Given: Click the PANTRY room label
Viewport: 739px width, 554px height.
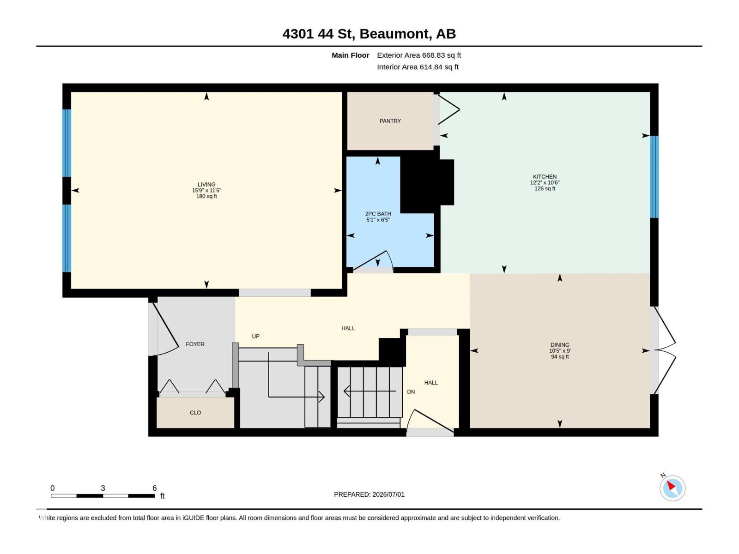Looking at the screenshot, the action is point(390,121).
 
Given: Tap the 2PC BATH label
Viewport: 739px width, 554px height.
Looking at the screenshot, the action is point(378,214).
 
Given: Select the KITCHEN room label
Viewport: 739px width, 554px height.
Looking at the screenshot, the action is point(545,177).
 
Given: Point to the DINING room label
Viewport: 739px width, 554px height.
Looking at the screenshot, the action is point(559,345).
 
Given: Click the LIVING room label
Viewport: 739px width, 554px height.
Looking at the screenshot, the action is point(206,184).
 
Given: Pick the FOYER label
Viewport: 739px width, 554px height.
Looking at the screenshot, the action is point(195,344).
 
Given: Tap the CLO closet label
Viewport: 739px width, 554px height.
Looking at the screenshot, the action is point(195,413).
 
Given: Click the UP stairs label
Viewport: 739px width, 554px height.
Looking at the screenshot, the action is point(255,337).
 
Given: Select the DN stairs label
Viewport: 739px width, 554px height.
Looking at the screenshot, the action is point(411,392).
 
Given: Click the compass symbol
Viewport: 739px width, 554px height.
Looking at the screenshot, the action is point(672,488).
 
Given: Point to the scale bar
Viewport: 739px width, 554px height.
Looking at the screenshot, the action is point(103,496).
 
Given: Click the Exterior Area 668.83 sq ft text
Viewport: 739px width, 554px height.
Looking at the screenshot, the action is point(418,55).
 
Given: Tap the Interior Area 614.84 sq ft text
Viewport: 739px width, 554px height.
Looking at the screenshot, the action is point(418,67).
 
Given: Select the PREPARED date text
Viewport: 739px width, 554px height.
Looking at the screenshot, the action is point(369,494).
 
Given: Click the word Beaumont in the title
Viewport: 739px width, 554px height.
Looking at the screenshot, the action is point(394,34).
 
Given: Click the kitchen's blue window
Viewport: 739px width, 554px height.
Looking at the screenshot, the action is point(654,177).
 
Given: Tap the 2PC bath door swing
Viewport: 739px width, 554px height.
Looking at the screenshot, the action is point(373,261).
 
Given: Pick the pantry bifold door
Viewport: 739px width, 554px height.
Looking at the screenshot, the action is point(448,109).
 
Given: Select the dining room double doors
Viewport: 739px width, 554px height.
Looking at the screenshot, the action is point(664,350).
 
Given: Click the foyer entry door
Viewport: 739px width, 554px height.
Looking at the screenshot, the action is point(165,329).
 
